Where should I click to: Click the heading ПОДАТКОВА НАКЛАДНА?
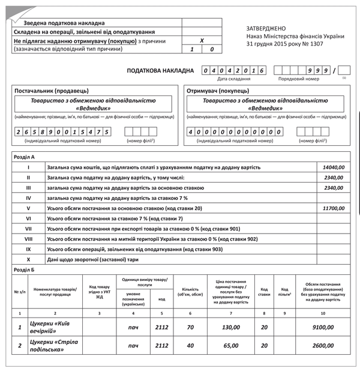(160, 71)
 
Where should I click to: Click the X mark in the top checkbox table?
(202, 40)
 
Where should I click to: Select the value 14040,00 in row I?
(333, 167)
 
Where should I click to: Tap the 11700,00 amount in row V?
(333, 208)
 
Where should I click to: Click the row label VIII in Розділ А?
(28, 238)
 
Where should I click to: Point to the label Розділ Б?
(24, 270)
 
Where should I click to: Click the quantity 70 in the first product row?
(190, 327)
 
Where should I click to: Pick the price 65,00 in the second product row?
(231, 346)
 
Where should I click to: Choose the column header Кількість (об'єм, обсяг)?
(190, 291)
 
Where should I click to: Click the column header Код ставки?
(264, 291)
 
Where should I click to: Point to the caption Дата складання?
(234, 79)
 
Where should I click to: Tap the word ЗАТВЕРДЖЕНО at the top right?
(266, 29)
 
